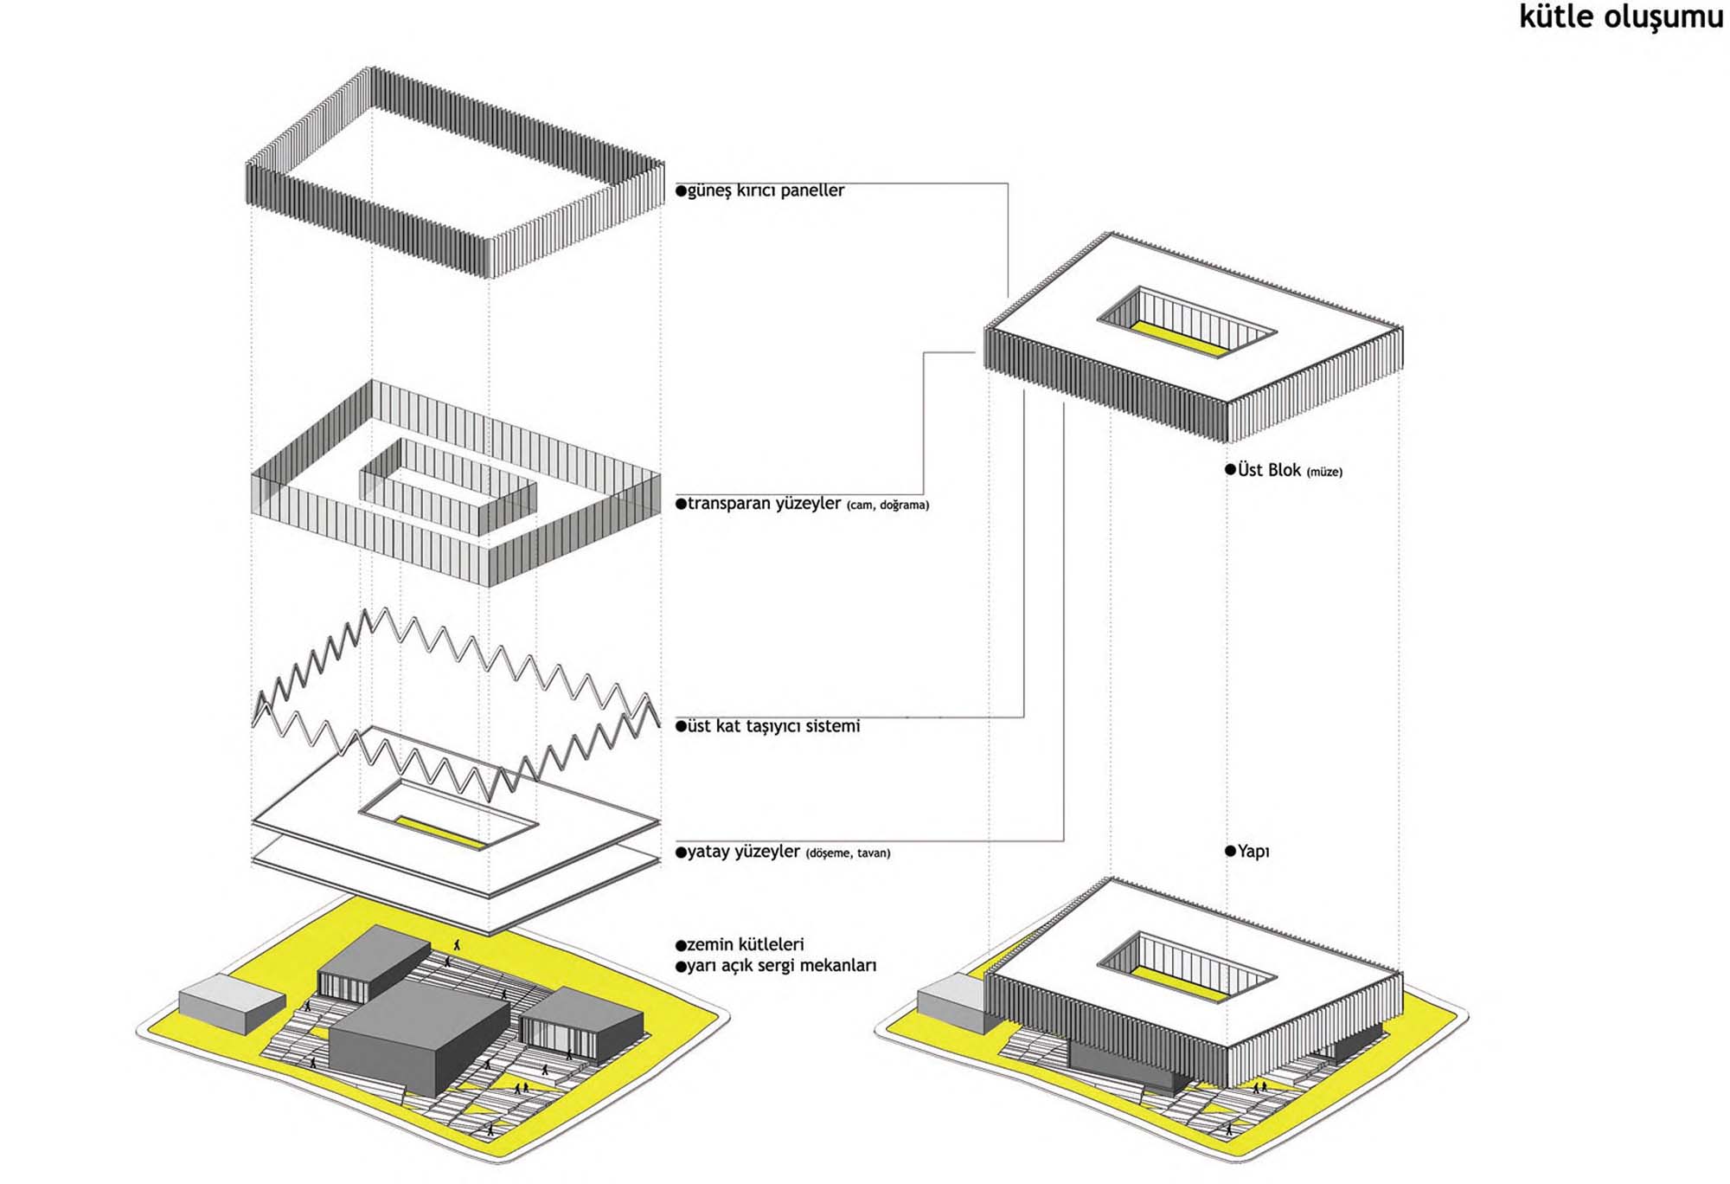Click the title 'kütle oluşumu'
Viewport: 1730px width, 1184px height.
pyautogui.click(x=1620, y=17)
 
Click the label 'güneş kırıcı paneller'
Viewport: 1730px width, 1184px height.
pyautogui.click(x=766, y=190)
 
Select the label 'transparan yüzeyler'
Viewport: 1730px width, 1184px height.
pyautogui.click(x=764, y=504)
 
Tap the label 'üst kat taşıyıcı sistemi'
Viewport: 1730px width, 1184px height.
pyautogui.click(x=773, y=726)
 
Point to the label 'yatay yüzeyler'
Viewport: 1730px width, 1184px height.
pyautogui.click(x=743, y=852)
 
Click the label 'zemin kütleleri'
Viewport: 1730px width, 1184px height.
pyautogui.click(x=745, y=944)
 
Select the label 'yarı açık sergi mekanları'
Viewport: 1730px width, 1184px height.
pyautogui.click(x=781, y=966)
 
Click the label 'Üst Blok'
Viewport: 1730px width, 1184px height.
pyautogui.click(x=1269, y=470)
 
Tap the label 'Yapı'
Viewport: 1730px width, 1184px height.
pyautogui.click(x=1253, y=852)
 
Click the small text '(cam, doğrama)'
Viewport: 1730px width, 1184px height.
pyautogui.click(x=887, y=505)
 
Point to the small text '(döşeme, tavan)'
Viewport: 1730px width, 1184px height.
pyautogui.click(x=848, y=853)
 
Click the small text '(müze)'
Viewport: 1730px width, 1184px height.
pyautogui.click(x=1324, y=473)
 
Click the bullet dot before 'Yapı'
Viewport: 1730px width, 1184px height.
pyautogui.click(x=1230, y=851)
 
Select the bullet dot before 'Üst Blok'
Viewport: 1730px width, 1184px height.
pyautogui.click(x=1230, y=469)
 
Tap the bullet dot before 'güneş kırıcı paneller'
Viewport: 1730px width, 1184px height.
pyautogui.click(x=681, y=190)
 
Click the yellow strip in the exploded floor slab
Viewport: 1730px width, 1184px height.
pyautogui.click(x=440, y=831)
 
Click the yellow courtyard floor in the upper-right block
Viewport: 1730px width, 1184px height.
pyautogui.click(x=1178, y=338)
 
